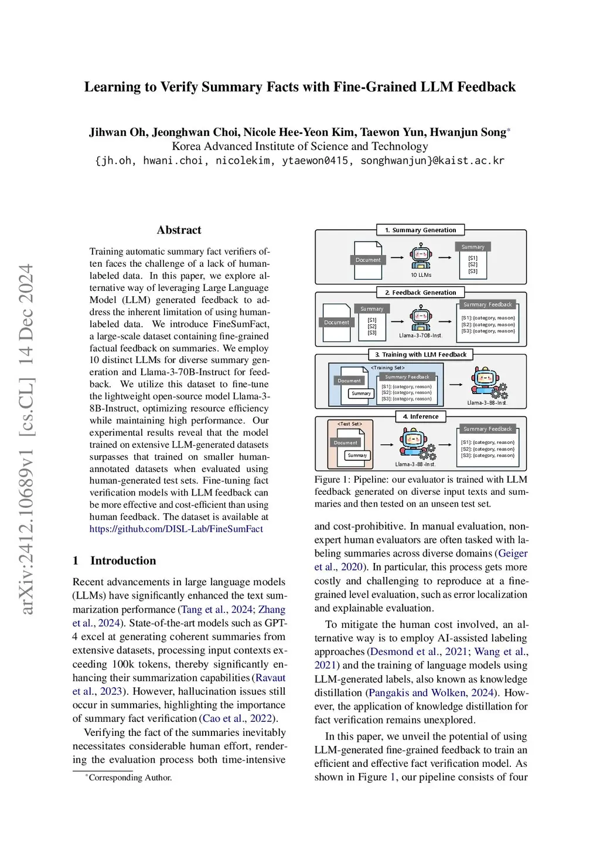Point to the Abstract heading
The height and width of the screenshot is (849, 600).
pos(179,230)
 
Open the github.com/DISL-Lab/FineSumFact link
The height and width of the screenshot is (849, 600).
pos(176,529)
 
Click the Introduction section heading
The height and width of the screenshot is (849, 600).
pos(123,561)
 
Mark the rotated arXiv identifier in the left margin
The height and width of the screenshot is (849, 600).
pos(26,439)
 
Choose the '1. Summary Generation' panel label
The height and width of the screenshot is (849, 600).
pos(420,230)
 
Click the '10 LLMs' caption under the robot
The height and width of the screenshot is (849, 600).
pos(421,275)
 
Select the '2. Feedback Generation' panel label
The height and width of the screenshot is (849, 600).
pos(420,292)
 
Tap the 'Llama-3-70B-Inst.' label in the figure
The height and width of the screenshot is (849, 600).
pos(421,335)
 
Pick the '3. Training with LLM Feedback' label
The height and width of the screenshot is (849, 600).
pos(420,354)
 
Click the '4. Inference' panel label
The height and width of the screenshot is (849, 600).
pos(420,416)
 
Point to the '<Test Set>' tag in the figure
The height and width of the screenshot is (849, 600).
pos(350,423)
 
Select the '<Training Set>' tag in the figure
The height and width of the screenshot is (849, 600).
pos(387,368)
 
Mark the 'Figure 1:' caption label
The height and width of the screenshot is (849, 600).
pos(332,480)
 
